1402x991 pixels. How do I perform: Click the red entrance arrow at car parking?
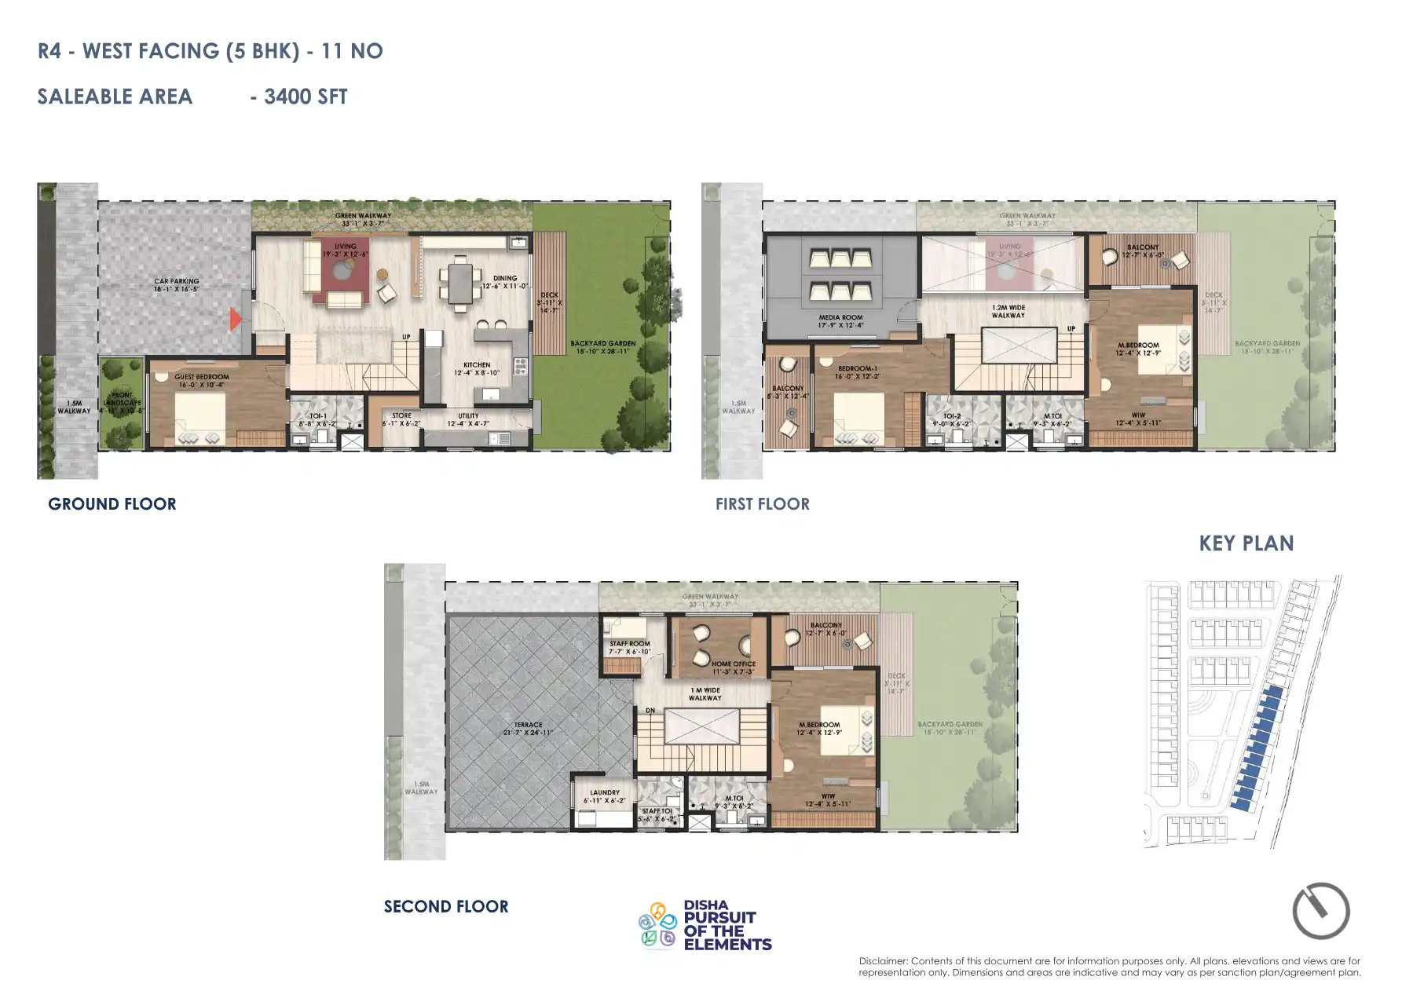pyautogui.click(x=235, y=319)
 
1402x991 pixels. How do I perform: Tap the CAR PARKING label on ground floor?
pyautogui.click(x=177, y=281)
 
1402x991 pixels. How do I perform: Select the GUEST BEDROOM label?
pyautogui.click(x=202, y=377)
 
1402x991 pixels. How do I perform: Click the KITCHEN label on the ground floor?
pyautogui.click(x=477, y=365)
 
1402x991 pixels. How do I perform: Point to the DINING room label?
pyautogui.click(x=505, y=278)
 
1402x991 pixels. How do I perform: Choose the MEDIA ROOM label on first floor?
pyautogui.click(x=840, y=318)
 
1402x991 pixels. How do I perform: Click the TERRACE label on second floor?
pyautogui.click(x=528, y=725)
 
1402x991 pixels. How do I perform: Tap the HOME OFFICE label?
pyautogui.click(x=734, y=664)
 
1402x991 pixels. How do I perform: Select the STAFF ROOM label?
pyautogui.click(x=630, y=644)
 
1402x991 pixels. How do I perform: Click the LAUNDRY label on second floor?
pyautogui.click(x=605, y=793)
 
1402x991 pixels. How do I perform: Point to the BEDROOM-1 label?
pyautogui.click(x=857, y=368)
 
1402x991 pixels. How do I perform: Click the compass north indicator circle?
pyautogui.click(x=1320, y=911)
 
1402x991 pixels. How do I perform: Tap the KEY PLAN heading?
pyautogui.click(x=1246, y=543)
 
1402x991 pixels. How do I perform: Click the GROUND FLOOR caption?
pyautogui.click(x=112, y=504)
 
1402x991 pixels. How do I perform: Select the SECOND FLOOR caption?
pyautogui.click(x=446, y=906)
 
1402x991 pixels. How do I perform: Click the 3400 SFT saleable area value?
pyautogui.click(x=306, y=97)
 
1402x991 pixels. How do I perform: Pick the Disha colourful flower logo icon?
pyautogui.click(x=657, y=925)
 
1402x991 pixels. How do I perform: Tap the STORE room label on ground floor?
pyautogui.click(x=401, y=416)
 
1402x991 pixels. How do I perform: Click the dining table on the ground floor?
pyautogui.click(x=460, y=283)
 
